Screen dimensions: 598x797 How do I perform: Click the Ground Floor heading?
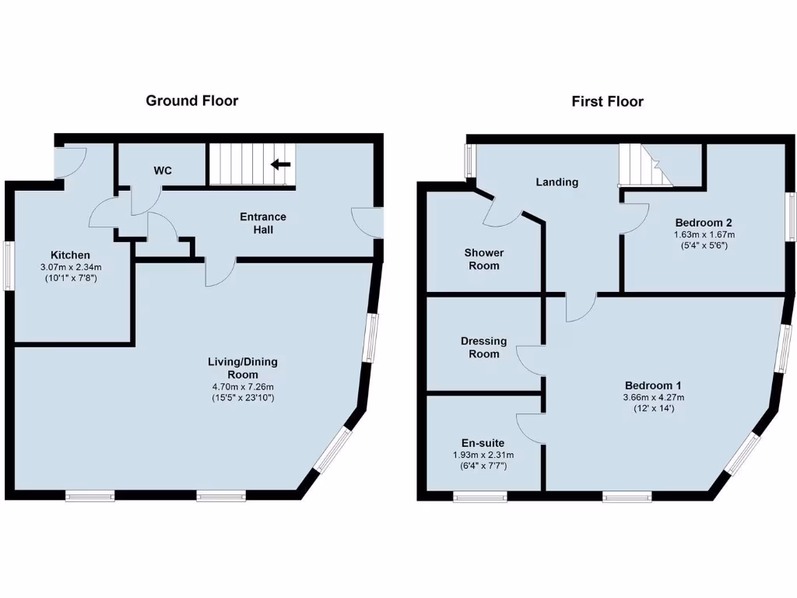click(192, 100)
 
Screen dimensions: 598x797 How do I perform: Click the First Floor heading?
click(607, 101)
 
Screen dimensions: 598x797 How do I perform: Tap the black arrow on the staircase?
click(280, 164)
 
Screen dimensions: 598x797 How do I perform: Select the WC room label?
click(163, 170)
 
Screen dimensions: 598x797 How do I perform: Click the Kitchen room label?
click(70, 255)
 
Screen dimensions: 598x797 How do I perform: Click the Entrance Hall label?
click(262, 223)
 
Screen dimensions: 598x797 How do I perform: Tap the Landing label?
click(556, 182)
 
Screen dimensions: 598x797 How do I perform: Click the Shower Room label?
click(483, 259)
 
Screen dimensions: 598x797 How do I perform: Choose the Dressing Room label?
click(483, 347)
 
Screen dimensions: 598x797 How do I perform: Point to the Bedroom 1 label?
click(653, 385)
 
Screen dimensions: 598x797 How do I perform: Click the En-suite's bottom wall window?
click(480, 496)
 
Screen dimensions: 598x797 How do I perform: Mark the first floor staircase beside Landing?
click(644, 167)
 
